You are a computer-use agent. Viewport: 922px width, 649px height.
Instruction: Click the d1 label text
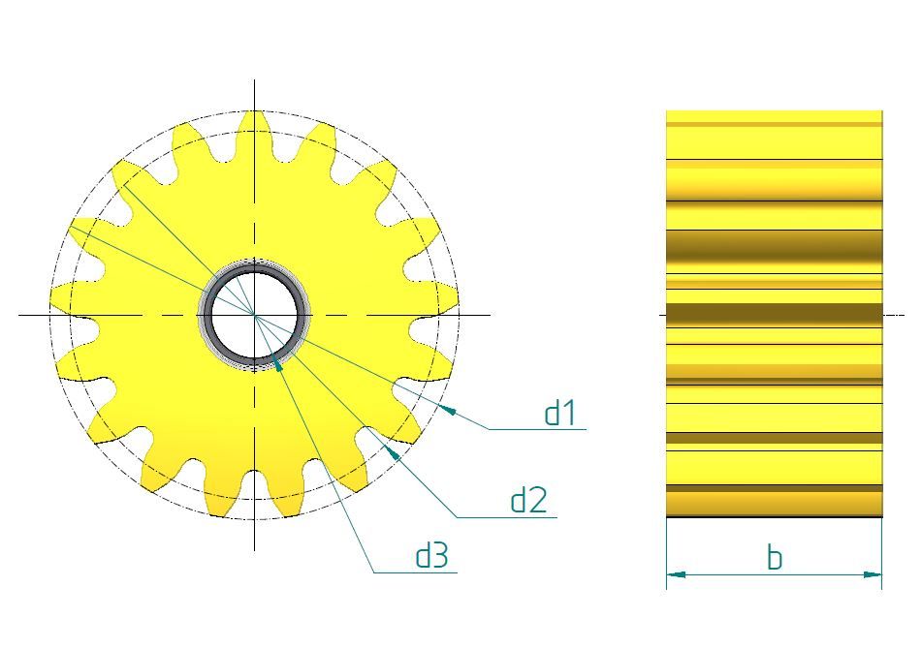coord(560,414)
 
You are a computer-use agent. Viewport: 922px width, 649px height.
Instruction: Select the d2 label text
coord(529,500)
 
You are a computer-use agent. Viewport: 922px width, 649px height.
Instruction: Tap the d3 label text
coord(432,556)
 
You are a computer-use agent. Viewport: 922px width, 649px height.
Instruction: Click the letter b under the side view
coord(774,558)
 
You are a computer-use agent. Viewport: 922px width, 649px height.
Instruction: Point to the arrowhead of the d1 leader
coord(449,411)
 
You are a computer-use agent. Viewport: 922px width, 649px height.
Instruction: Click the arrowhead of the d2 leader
coord(392,450)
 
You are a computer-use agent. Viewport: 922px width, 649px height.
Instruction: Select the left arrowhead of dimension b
coord(676,574)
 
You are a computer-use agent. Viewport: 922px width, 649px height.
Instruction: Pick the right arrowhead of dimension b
coord(873,574)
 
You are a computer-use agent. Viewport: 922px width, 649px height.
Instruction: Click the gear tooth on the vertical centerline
coord(254,126)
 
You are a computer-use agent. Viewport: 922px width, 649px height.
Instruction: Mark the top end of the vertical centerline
coord(254,82)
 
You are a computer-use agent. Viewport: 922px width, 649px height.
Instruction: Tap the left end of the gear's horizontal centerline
coord(21,315)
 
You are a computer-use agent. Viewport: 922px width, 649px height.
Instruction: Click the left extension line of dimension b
coord(666,552)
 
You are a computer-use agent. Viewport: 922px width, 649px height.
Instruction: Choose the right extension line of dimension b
coord(882,552)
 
